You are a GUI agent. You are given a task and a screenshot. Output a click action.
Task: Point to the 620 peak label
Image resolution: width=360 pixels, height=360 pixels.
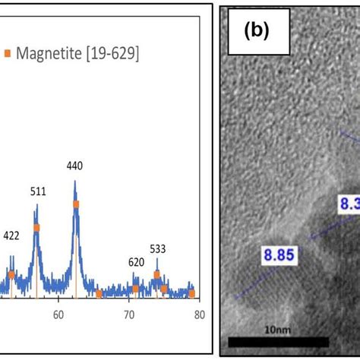click(x=136, y=262)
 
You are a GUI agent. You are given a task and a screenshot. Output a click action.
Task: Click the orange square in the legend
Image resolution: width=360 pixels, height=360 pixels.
click(x=8, y=53)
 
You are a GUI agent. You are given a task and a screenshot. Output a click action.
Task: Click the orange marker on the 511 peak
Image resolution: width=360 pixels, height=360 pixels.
click(x=36, y=227)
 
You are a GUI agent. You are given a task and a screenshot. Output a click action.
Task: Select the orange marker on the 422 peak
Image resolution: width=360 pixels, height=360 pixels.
click(x=11, y=273)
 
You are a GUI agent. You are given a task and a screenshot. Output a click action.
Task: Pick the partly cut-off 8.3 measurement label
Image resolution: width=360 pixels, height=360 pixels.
click(x=347, y=204)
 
